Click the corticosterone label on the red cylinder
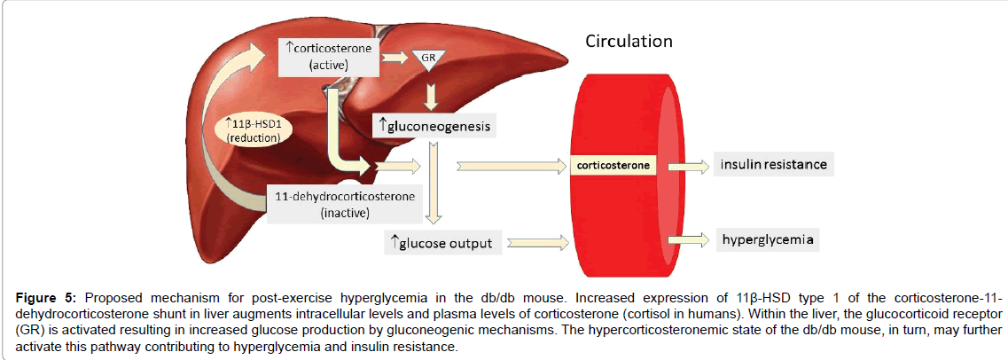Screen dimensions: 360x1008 tap(613, 165)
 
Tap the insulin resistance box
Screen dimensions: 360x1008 tap(773, 165)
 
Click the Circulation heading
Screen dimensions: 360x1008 tap(628, 41)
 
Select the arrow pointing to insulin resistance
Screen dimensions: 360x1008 tap(685, 165)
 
